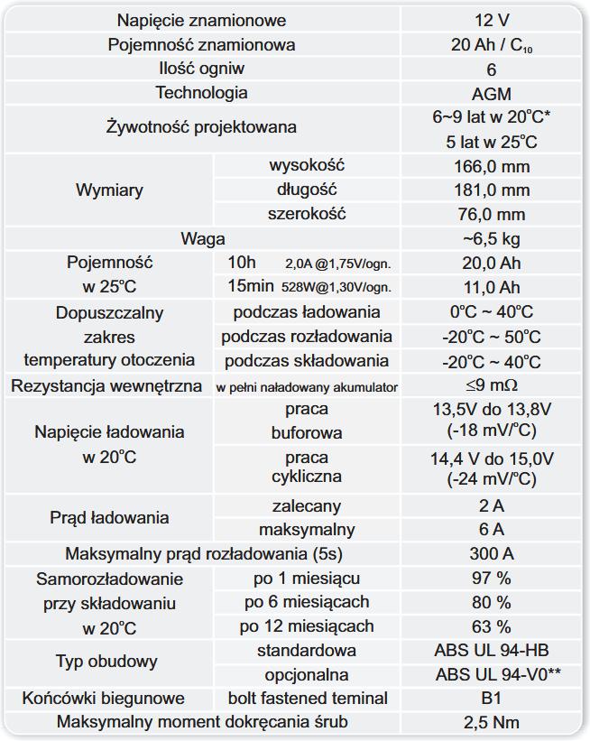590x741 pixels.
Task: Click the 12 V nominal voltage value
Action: coord(491,21)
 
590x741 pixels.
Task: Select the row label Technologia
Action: coord(201,93)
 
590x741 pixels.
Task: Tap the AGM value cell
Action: coord(491,94)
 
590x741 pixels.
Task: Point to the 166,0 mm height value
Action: coord(491,166)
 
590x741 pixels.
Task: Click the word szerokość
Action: coord(307,214)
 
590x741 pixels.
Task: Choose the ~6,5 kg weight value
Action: coord(491,239)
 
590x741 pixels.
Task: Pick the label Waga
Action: coord(203,239)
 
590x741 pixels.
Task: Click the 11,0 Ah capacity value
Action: coord(491,288)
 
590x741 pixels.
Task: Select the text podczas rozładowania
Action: coord(307,337)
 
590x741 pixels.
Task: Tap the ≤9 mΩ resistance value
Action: coord(491,386)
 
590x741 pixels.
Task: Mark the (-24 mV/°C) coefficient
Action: coord(491,479)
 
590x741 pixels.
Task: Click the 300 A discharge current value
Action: coord(491,553)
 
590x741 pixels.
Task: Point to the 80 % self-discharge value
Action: coord(491,602)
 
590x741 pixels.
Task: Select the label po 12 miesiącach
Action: coord(307,626)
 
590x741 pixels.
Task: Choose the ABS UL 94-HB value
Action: coord(491,651)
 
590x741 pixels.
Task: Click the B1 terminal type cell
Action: coord(491,699)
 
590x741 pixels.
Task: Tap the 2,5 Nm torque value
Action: coord(491,722)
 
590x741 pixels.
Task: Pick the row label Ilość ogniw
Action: coord(201,69)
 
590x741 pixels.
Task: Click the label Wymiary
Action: coord(109,190)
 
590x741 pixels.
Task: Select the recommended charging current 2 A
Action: coord(491,505)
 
